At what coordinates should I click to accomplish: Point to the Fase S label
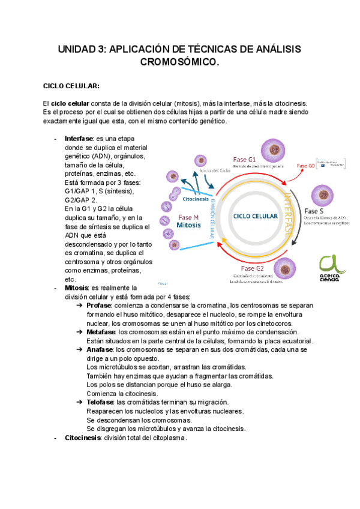(315, 211)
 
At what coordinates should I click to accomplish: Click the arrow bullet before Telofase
(80, 402)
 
